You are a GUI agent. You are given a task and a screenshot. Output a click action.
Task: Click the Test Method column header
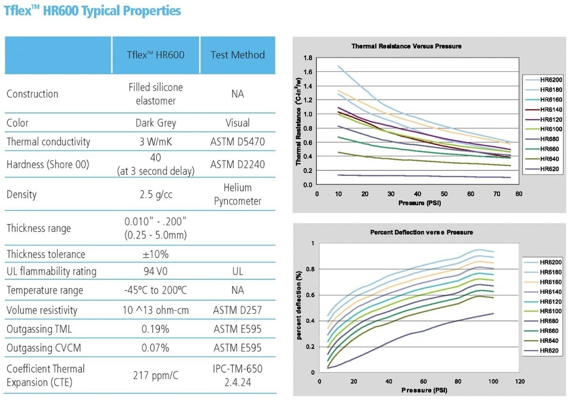click(x=238, y=55)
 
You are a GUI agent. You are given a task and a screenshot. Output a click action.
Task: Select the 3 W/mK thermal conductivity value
click(x=156, y=141)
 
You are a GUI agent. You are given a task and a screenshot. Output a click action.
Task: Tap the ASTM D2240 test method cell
click(x=238, y=164)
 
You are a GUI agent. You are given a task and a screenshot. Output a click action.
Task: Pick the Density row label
click(x=22, y=194)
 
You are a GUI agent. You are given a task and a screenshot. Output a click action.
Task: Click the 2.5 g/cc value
click(x=156, y=194)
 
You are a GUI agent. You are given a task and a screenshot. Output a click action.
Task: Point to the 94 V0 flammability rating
click(x=156, y=271)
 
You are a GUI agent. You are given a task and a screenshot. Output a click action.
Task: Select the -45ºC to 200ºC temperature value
click(x=156, y=290)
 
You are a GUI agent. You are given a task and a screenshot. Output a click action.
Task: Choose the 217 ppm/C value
click(x=156, y=376)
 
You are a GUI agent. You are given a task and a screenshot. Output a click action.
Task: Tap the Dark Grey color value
click(x=156, y=123)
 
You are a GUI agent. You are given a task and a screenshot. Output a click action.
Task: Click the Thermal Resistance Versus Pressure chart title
click(x=406, y=46)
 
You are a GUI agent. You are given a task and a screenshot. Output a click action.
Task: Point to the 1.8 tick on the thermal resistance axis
click(x=308, y=58)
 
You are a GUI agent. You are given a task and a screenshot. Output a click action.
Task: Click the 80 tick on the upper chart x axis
click(x=519, y=194)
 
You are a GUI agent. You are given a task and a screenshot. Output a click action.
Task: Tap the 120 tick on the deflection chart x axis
click(x=520, y=382)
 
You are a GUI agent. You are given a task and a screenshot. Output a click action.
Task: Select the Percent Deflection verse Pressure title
click(x=421, y=232)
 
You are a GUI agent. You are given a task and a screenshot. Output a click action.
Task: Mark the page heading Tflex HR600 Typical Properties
click(x=92, y=11)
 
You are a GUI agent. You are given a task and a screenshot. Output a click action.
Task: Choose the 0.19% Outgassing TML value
click(x=156, y=329)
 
